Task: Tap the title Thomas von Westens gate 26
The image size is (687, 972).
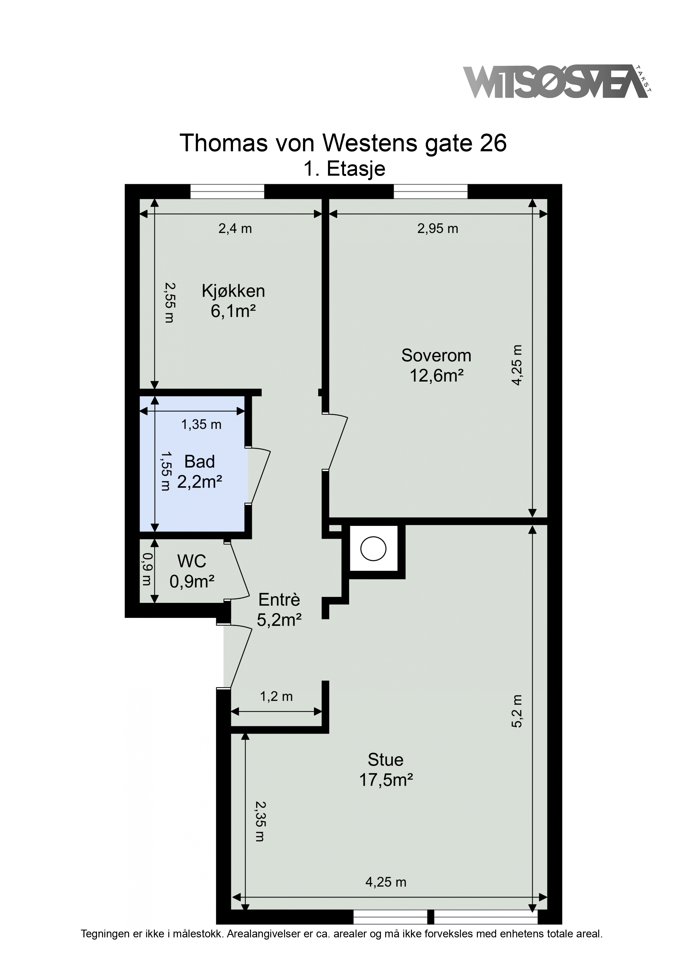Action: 343,143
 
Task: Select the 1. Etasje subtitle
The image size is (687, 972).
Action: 344,169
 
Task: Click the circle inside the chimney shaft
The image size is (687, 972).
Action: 373,549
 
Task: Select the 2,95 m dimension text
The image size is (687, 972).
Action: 438,229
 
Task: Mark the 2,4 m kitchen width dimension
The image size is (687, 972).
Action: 235,229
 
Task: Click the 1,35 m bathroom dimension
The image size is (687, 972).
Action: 201,424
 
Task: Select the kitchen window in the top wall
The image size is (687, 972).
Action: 227,191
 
